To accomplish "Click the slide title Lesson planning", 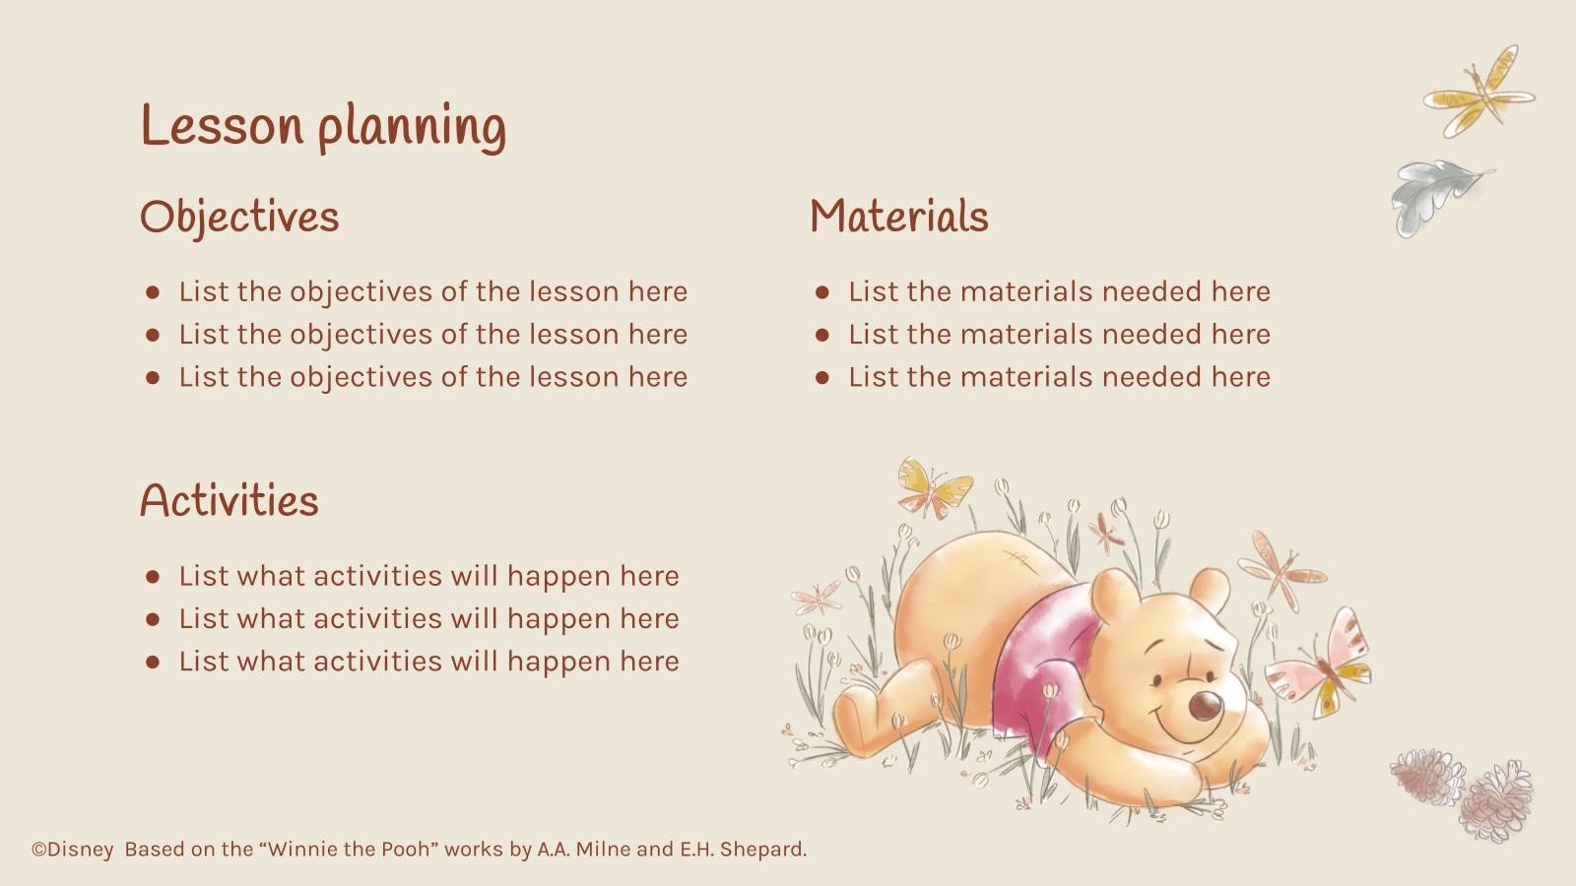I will coord(323,126).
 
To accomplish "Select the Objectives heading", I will coord(239,217).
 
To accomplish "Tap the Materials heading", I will coord(898,217).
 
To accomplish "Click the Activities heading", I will coord(229,500).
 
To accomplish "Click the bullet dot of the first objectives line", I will coord(152,292).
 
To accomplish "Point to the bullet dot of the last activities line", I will coord(152,662).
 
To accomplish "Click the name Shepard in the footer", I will coord(765,849).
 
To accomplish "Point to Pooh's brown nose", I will coord(1205,705).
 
